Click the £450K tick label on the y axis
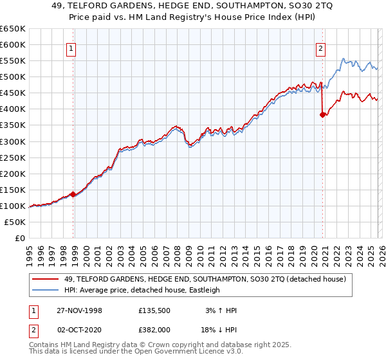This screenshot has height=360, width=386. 12,93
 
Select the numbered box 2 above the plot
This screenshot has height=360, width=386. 320,48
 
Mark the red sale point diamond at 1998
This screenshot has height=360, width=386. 73,194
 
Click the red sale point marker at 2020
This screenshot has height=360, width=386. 322,114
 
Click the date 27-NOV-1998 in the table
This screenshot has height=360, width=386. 80,310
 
